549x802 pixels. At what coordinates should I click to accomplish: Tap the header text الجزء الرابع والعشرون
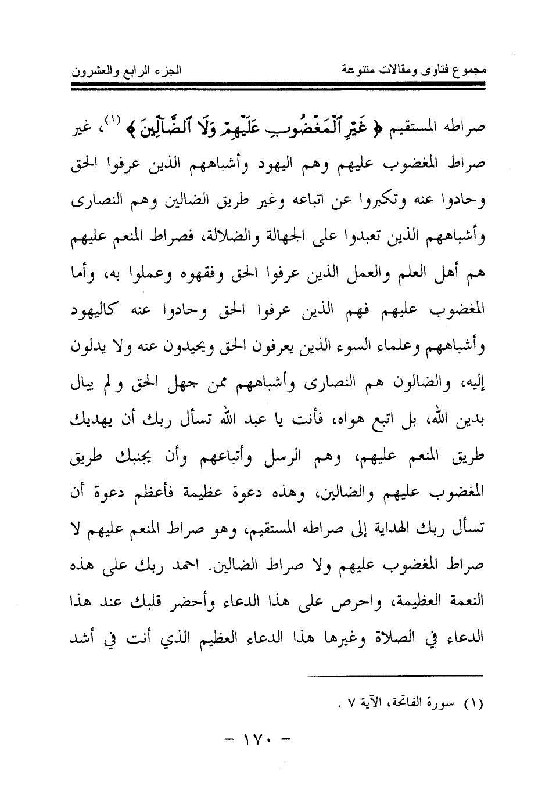(125, 72)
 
